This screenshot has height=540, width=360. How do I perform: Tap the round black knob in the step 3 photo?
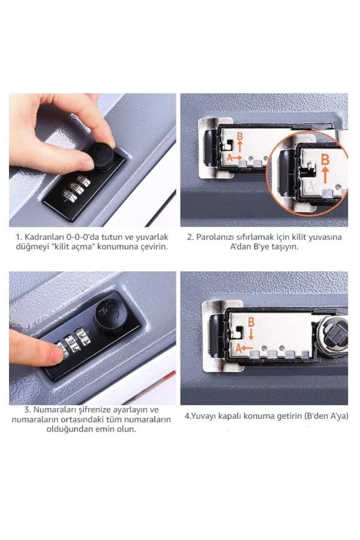tap(110, 316)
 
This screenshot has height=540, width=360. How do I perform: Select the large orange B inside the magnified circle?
tap(325, 160)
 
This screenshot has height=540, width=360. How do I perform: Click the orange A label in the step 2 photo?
tap(229, 158)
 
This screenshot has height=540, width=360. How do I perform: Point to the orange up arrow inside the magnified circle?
tap(325, 175)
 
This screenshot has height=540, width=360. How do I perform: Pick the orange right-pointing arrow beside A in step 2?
tap(238, 158)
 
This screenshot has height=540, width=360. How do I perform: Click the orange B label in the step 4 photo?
tap(251, 322)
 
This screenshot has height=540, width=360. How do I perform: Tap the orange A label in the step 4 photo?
tap(238, 349)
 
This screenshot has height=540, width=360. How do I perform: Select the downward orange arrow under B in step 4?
tap(251, 334)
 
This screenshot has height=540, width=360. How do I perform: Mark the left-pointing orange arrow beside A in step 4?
tap(247, 348)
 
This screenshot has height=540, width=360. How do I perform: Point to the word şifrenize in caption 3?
tap(95, 410)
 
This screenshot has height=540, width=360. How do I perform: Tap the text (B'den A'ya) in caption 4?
tap(326, 416)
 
